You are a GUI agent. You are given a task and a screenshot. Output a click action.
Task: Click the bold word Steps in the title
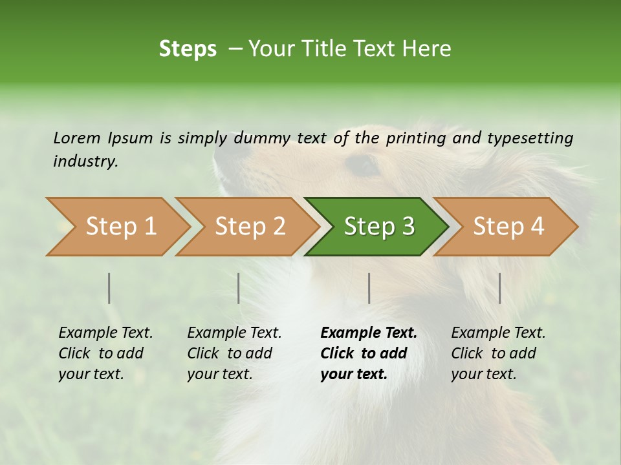click(188, 49)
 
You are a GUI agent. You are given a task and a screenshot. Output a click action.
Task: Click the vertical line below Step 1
click(109, 288)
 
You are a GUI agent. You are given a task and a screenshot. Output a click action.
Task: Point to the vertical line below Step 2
click(239, 288)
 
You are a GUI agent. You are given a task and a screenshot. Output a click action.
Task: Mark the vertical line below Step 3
click(369, 288)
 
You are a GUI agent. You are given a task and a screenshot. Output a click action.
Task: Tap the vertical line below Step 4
click(500, 288)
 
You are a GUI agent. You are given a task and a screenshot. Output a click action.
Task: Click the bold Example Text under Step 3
click(369, 333)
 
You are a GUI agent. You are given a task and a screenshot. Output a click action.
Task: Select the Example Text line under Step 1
click(105, 333)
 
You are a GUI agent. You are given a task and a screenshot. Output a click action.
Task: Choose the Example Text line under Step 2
click(234, 333)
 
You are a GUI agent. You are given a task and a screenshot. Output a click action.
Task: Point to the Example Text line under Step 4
click(498, 333)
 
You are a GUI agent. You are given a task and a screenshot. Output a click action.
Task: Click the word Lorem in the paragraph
click(76, 138)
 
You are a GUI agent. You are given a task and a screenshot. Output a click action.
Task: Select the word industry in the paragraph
click(85, 161)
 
